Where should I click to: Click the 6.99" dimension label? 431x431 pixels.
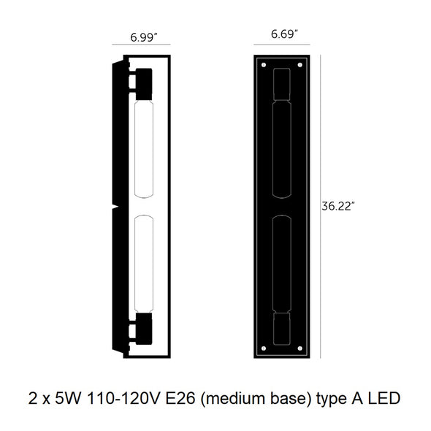(x=144, y=37)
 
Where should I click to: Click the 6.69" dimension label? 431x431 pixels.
(x=284, y=34)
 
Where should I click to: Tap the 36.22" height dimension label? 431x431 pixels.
(x=337, y=206)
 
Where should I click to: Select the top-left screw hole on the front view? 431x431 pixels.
(x=264, y=65)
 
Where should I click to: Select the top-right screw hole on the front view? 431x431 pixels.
(x=300, y=65)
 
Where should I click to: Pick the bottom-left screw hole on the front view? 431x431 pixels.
(x=264, y=348)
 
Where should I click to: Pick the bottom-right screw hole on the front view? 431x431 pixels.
(x=300, y=348)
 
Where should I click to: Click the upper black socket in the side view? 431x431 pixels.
(x=144, y=84)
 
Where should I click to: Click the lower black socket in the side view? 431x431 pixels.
(x=144, y=329)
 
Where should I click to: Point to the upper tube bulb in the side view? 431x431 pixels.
(x=144, y=149)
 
